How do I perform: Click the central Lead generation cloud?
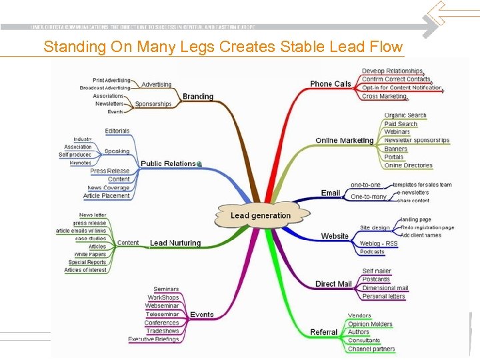pyautogui.click(x=261, y=215)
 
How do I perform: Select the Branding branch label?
pyautogui.click(x=198, y=97)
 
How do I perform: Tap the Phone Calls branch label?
pyautogui.click(x=330, y=84)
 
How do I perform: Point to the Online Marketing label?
pyautogui.click(x=344, y=141)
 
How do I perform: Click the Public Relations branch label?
pyautogui.click(x=168, y=163)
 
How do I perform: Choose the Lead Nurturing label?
pyautogui.click(x=175, y=243)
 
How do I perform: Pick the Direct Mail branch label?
pyautogui.click(x=333, y=284)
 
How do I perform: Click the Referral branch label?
pyautogui.click(x=324, y=332)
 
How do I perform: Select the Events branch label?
pyautogui.click(x=202, y=315)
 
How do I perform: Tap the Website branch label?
pyautogui.click(x=335, y=236)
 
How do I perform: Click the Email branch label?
pyautogui.click(x=331, y=193)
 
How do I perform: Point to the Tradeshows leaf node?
pyautogui.click(x=163, y=331)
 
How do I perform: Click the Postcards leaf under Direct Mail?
pyautogui.click(x=376, y=279)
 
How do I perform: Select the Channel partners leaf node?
pyautogui.click(x=371, y=349)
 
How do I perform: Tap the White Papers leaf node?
pyautogui.click(x=90, y=255)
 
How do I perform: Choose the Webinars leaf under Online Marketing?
pyautogui.click(x=397, y=132)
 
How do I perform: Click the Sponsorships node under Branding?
pyautogui.click(x=153, y=104)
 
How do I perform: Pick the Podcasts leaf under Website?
pyautogui.click(x=372, y=252)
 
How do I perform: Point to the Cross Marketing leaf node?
pyautogui.click(x=384, y=96)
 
